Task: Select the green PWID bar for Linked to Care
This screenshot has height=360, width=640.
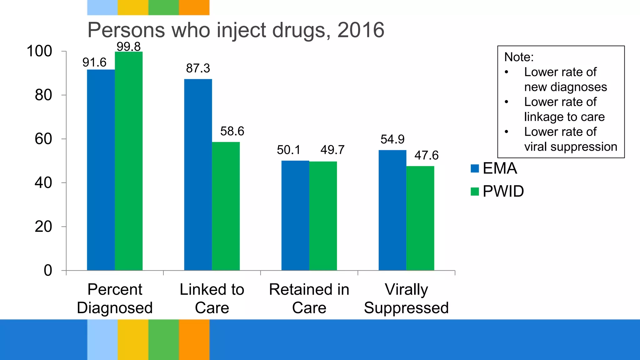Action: [x=226, y=206]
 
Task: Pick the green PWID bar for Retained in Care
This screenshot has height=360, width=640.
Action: [x=323, y=216]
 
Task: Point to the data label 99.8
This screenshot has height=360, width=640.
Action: [x=128, y=47]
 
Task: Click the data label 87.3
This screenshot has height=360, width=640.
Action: [x=198, y=68]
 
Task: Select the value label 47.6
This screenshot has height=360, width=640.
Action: [x=426, y=155]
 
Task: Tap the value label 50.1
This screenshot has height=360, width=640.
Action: [x=288, y=150]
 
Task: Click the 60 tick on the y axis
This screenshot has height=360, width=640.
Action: [x=43, y=139]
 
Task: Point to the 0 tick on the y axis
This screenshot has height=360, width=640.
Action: [x=48, y=270]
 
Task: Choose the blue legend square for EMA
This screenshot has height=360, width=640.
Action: [x=474, y=168]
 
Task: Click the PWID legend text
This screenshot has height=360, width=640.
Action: [x=503, y=191]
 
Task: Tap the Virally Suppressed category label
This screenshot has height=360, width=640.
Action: [x=406, y=298]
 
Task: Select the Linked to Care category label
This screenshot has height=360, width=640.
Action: [x=212, y=298]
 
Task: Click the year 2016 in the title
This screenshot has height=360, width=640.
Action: [x=361, y=30]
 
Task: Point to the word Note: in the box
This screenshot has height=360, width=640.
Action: [x=519, y=57]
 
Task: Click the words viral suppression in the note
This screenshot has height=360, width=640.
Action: [x=570, y=147]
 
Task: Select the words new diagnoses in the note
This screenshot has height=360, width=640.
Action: [x=565, y=87]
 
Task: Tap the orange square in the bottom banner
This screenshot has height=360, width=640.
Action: [x=194, y=339]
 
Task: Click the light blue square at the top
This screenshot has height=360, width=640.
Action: [x=102, y=7]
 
